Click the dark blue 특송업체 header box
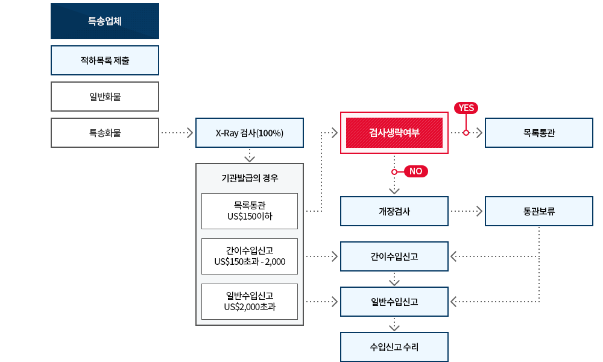[104, 21]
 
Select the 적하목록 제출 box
[104, 60]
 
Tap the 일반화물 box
[104, 97]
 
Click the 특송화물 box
[104, 133]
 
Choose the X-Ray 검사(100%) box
[250, 133]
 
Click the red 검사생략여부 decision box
[394, 133]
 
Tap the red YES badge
[466, 108]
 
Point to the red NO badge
[415, 171]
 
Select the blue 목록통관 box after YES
[538, 133]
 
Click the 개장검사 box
[394, 211]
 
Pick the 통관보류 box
[538, 211]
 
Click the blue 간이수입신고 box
[394, 256]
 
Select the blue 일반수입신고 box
[394, 302]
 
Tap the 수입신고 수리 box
[394, 347]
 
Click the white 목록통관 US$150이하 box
[250, 211]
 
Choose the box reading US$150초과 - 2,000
[250, 256]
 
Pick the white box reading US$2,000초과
[250, 302]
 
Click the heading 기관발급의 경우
[250, 178]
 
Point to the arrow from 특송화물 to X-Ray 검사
[177, 133]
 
